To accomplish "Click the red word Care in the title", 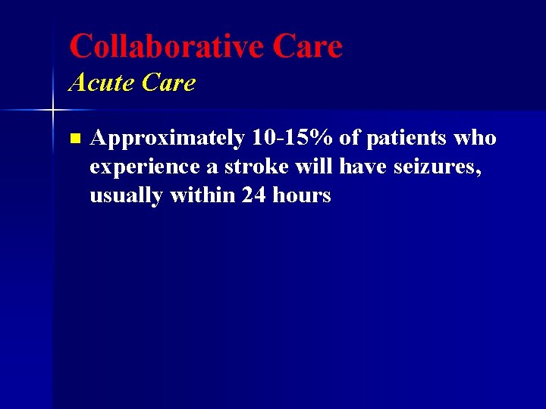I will (307, 46).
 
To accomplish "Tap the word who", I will (475, 138).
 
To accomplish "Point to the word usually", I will (127, 196).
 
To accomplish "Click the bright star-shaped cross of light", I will (52, 111).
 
